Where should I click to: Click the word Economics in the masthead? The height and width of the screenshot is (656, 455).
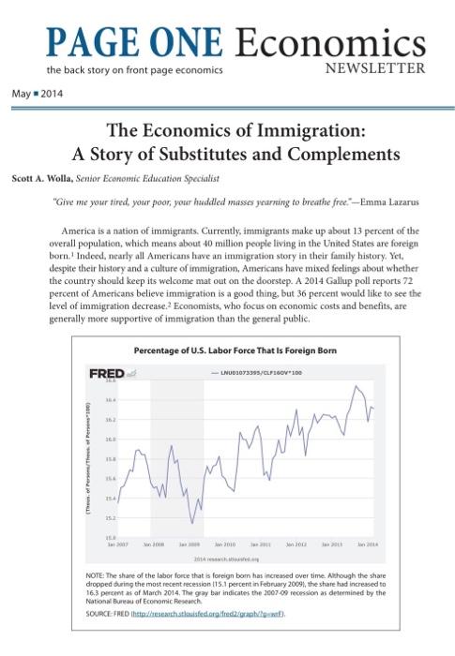point(337,42)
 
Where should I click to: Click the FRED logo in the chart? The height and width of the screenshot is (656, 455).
point(107,373)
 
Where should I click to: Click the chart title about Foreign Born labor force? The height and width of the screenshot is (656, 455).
point(234,350)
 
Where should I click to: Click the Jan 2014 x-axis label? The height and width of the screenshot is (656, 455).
point(367,544)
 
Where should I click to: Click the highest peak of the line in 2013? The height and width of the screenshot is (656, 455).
point(356,385)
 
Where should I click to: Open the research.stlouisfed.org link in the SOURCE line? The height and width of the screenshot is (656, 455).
point(204,614)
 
